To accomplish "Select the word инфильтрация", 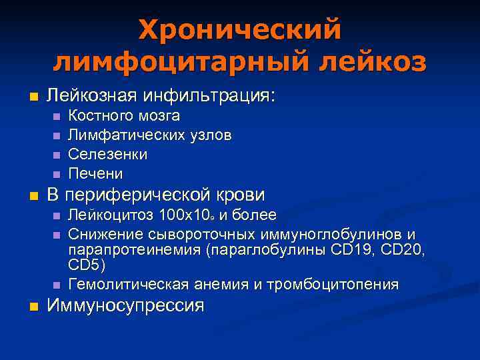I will pos(216,96).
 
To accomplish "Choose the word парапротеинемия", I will pos(133,250).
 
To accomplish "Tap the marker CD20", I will pos(405,250).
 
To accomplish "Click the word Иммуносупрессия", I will pos(125,306).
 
